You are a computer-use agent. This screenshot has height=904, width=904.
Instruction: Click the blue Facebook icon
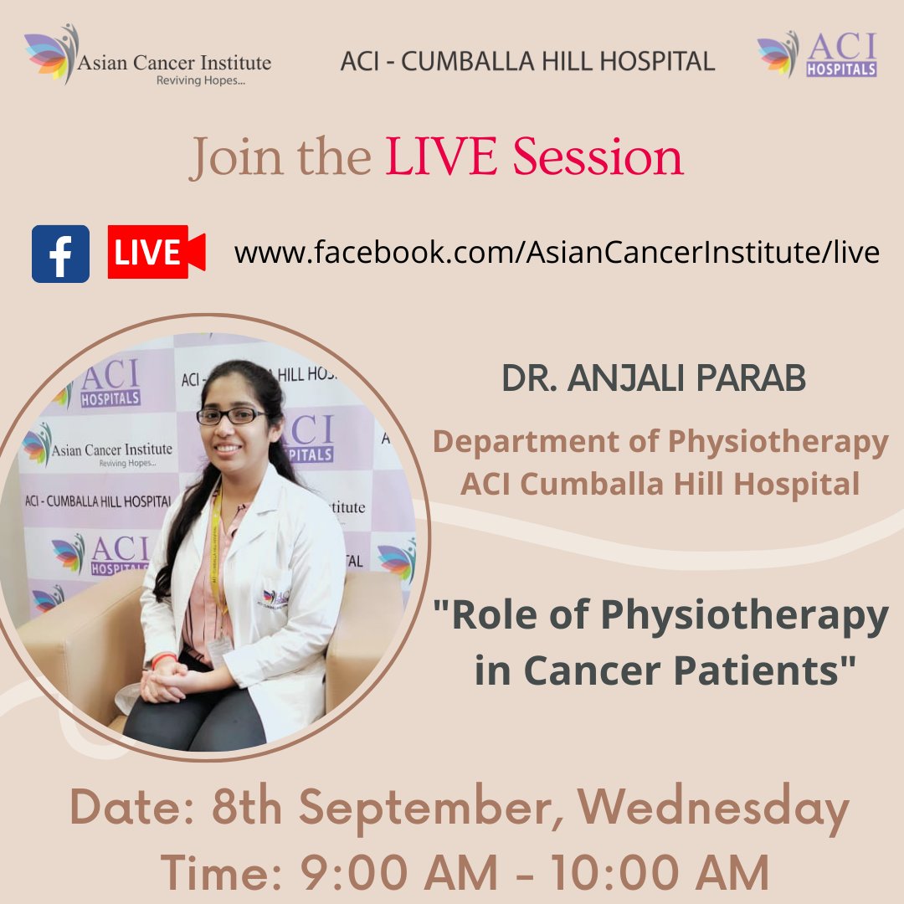point(60,254)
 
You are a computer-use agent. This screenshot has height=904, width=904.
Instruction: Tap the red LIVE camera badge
point(156,252)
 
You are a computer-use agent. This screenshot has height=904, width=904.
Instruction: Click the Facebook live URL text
point(557,253)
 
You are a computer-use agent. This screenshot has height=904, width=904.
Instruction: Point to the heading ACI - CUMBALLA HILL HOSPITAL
point(527,61)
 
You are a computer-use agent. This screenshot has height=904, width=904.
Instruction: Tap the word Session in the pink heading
point(598,157)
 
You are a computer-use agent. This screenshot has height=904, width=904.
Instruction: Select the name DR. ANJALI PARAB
point(653,378)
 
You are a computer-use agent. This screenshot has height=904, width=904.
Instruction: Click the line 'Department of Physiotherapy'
point(660,442)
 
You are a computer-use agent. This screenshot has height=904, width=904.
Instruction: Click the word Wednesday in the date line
point(713,809)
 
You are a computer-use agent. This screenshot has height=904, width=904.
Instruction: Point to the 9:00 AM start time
point(371,873)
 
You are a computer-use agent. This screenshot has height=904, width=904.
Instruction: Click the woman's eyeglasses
point(230,415)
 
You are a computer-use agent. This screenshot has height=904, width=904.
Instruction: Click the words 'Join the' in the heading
point(280,157)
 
